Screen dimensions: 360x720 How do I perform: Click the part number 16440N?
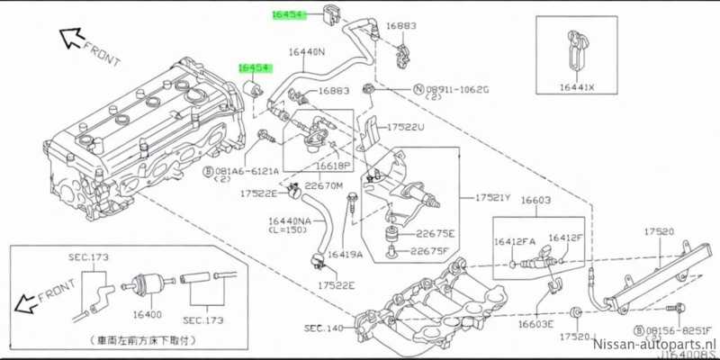(x=307, y=52)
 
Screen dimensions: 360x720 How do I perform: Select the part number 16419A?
(x=345, y=256)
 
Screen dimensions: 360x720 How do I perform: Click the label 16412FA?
(x=514, y=240)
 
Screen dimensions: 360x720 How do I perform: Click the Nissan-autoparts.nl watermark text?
(x=655, y=345)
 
